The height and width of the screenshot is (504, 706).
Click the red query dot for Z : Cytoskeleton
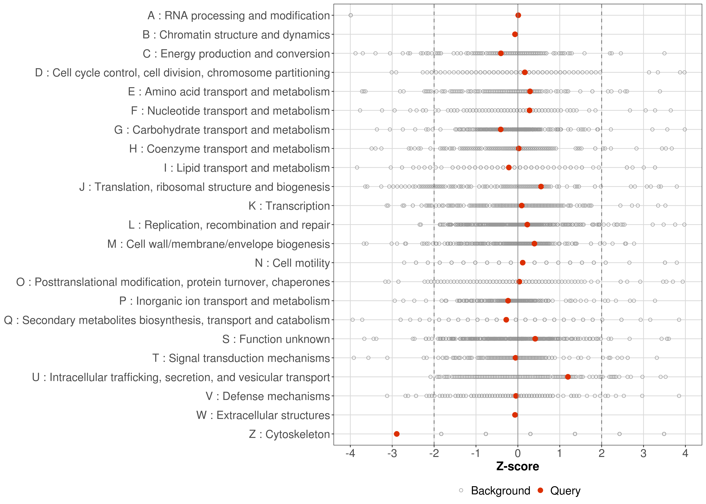click(x=397, y=434)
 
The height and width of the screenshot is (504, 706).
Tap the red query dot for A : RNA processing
click(x=518, y=15)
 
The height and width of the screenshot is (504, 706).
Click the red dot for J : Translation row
click(x=541, y=186)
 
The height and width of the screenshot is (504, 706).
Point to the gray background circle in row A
click(x=350, y=15)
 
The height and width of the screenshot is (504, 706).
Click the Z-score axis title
click(x=518, y=466)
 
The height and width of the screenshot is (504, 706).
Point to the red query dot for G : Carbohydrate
click(x=500, y=129)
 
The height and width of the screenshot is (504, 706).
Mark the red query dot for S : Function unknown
click(x=535, y=339)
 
